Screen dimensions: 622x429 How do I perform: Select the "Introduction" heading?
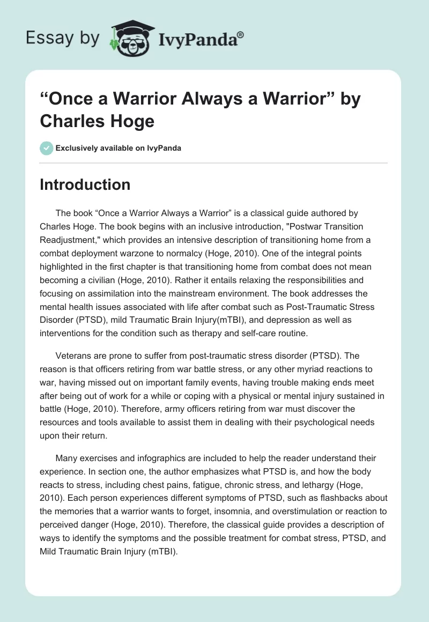pos(85,185)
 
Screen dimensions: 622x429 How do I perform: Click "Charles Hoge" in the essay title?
pos(97,121)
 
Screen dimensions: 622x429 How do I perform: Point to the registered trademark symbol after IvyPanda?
pos(241,34)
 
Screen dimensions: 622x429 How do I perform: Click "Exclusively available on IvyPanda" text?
pos(118,148)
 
